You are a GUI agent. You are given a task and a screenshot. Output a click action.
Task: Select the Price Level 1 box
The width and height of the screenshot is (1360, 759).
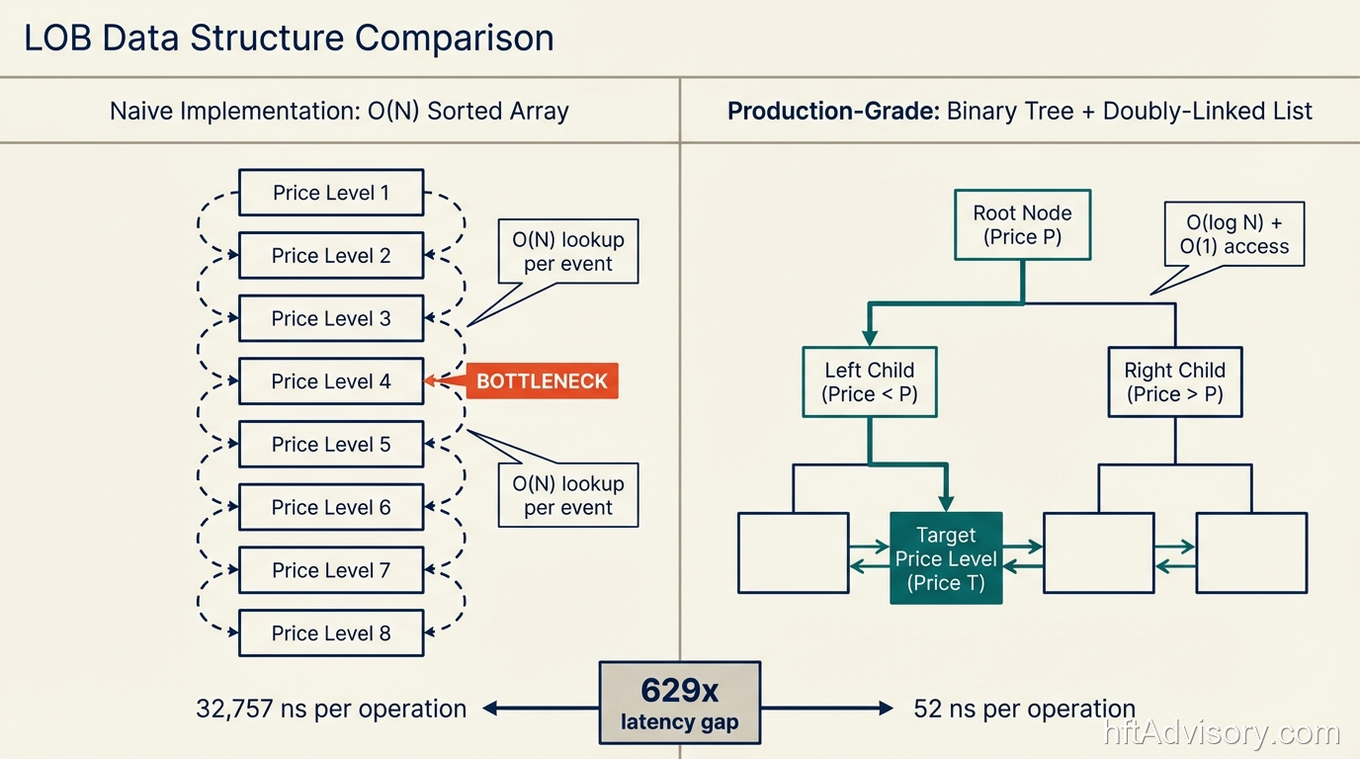pos(331,193)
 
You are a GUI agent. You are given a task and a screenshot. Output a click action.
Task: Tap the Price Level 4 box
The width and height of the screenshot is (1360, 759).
pos(331,381)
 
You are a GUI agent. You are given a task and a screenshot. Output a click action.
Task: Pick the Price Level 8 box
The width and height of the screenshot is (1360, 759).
pos(331,633)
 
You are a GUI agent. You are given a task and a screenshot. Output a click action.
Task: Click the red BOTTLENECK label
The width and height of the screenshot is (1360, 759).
pos(542,381)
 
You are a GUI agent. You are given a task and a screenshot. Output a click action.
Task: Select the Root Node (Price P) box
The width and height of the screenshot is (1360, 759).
pos(1022,225)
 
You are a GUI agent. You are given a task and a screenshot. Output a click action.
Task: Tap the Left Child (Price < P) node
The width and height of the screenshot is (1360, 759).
pos(870,382)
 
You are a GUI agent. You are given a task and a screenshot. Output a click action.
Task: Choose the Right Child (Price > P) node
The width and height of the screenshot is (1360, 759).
pos(1174,382)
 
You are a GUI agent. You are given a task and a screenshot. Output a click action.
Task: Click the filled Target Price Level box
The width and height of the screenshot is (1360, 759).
pos(946,558)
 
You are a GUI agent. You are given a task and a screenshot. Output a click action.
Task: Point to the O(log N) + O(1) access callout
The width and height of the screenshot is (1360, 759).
pos(1233,235)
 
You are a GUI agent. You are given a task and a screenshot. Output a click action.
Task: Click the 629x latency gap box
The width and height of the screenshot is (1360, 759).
pos(679,703)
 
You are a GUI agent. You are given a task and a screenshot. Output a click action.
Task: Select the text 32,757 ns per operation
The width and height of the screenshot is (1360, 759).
pos(331,709)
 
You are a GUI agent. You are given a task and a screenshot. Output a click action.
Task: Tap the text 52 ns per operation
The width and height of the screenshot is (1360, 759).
pos(1024,709)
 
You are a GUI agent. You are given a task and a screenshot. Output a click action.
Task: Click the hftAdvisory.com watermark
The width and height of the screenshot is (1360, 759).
pos(1222,733)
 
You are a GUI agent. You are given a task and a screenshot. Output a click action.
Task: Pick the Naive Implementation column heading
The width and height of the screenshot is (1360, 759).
pos(339,111)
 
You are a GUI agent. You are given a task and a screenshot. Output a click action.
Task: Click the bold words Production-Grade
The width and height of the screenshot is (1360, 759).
pos(832,111)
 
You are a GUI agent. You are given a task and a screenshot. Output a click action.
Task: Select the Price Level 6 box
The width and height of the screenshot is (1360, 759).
pos(331,508)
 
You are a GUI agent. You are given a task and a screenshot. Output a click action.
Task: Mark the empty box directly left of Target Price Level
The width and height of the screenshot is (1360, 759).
pos(793,552)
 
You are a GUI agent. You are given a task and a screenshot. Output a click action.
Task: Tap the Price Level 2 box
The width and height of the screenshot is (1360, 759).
pos(331,256)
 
